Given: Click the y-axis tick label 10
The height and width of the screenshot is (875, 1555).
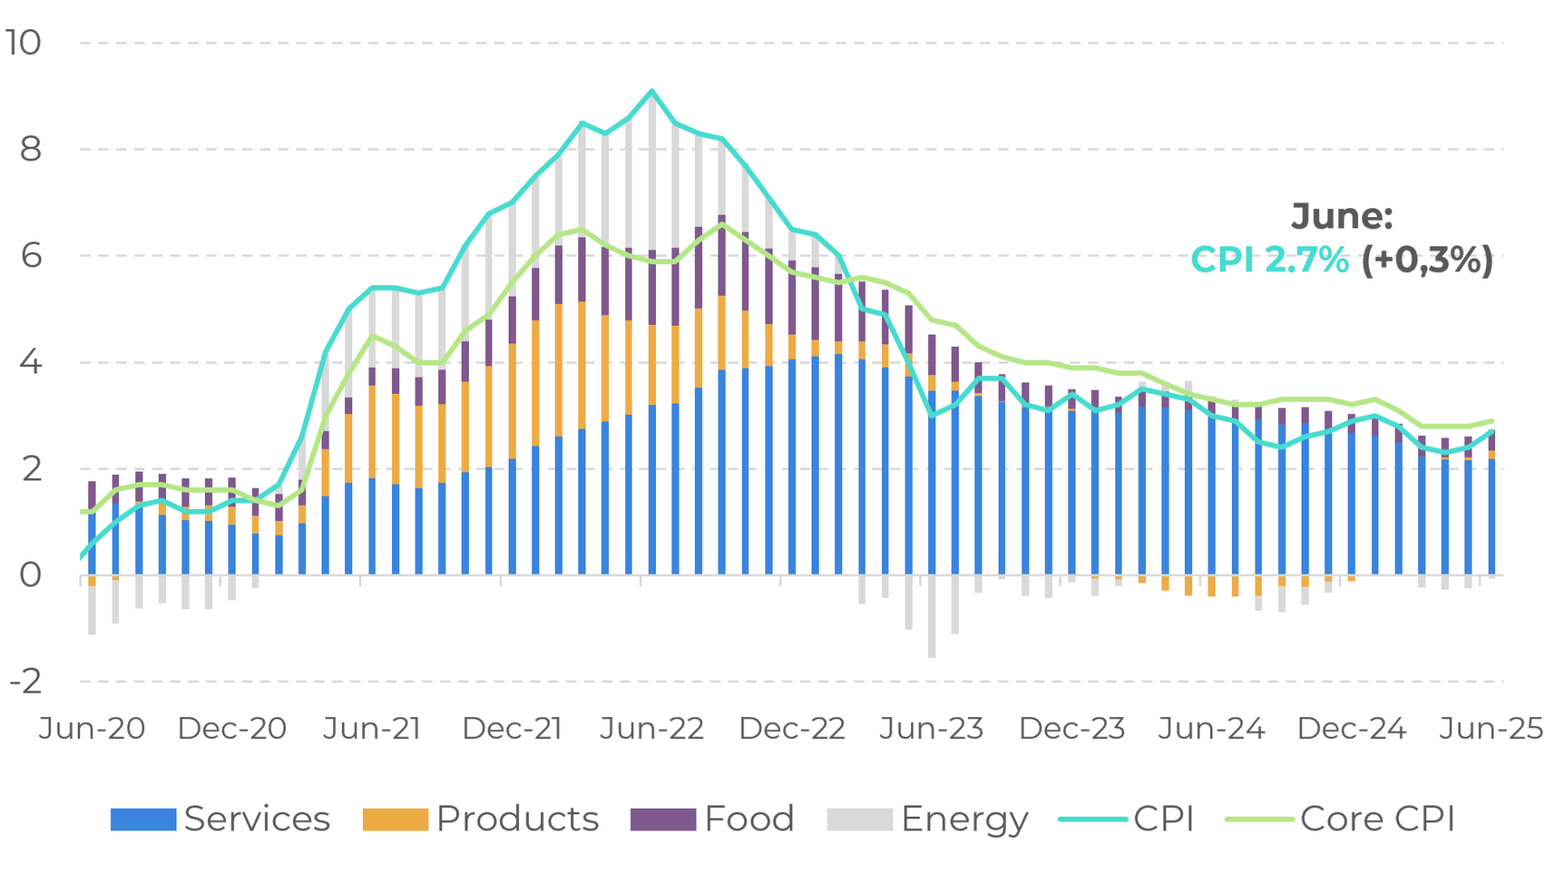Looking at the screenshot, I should coord(23,43).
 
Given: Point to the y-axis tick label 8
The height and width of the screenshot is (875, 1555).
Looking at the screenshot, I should coord(30,149).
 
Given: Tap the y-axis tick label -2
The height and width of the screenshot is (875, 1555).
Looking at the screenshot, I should coord(25,681).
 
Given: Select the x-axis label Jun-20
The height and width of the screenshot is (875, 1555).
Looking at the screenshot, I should coord(92,728).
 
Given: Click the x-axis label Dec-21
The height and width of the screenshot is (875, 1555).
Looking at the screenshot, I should coord(512,728).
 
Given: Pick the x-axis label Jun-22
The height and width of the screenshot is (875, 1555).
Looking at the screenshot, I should coord(652,728).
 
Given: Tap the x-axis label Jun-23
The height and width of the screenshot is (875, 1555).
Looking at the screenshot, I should coord(931,728).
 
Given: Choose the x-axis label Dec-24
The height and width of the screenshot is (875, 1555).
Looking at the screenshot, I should coord(1352,728).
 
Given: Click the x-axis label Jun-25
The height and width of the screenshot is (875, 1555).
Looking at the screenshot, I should coord(1491,728).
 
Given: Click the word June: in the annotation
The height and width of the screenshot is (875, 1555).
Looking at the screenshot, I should coord(1342,216).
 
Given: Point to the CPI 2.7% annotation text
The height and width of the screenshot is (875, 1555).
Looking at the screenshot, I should coord(1270,260).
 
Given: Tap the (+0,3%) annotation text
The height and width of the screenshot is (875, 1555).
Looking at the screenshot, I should coord(1426,260).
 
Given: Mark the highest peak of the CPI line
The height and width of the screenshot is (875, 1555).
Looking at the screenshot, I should coord(652,91).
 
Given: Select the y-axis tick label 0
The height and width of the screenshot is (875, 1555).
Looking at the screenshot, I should coord(30,575).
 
